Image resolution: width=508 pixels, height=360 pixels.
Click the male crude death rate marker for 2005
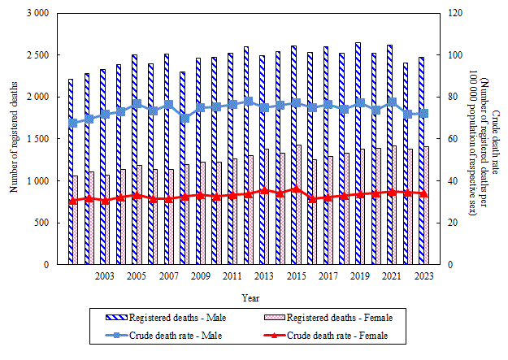tap(137, 104)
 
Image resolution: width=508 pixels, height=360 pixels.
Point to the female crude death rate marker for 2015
tap(296, 189)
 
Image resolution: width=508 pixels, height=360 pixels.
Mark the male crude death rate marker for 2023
tap(423, 114)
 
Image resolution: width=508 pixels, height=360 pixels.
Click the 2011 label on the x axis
tap(232, 277)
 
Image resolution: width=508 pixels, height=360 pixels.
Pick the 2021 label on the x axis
tap(391, 277)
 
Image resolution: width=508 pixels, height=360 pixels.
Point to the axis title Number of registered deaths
tap(14, 139)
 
